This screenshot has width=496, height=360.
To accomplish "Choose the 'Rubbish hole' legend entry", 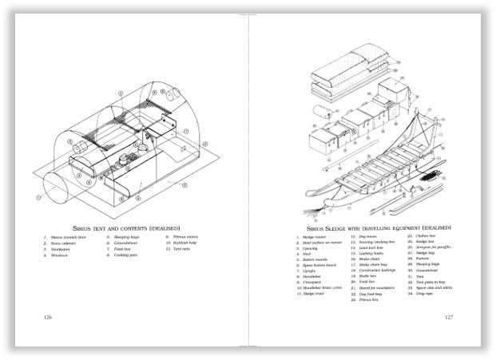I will [x=185, y=243].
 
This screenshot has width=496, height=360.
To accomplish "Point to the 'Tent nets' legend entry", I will [x=182, y=248].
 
